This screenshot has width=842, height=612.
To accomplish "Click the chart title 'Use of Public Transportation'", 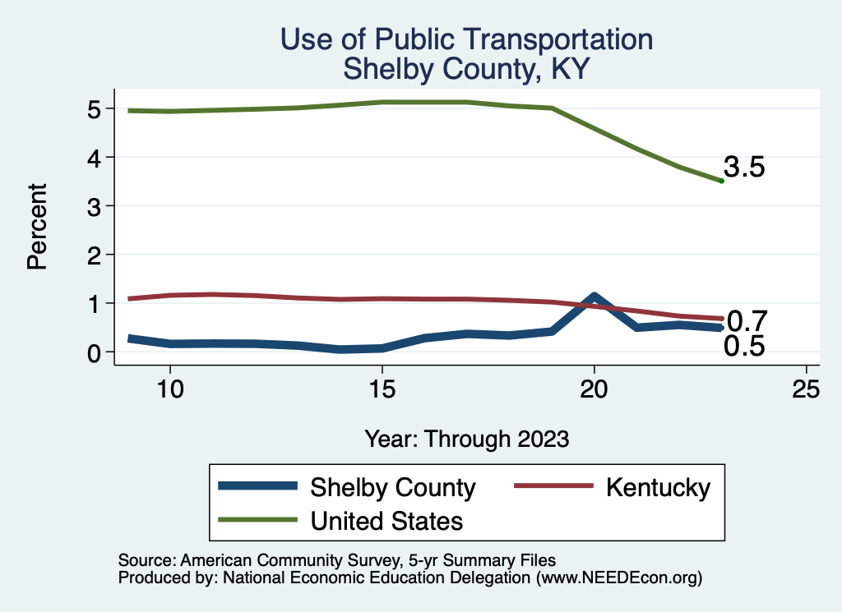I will (x=466, y=39).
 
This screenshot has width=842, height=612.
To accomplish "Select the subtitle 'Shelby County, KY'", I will (x=466, y=68).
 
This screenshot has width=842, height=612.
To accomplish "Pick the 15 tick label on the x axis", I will (x=382, y=389).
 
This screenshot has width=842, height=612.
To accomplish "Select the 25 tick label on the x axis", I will (x=806, y=389).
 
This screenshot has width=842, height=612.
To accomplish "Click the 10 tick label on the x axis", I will (x=169, y=389).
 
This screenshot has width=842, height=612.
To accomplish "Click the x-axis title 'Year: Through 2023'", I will (x=466, y=439).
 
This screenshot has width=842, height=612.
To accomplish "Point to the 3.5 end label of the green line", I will (x=745, y=168).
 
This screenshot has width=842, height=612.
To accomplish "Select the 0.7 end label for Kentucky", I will (x=747, y=320).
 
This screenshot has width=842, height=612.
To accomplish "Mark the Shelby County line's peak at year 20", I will (x=594, y=297).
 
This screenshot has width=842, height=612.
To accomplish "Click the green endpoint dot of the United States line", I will (x=721, y=181).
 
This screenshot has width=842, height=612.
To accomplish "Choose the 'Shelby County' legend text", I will (x=392, y=487).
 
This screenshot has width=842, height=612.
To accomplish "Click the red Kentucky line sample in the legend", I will (x=553, y=486).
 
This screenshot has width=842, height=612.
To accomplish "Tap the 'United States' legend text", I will (x=386, y=520).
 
